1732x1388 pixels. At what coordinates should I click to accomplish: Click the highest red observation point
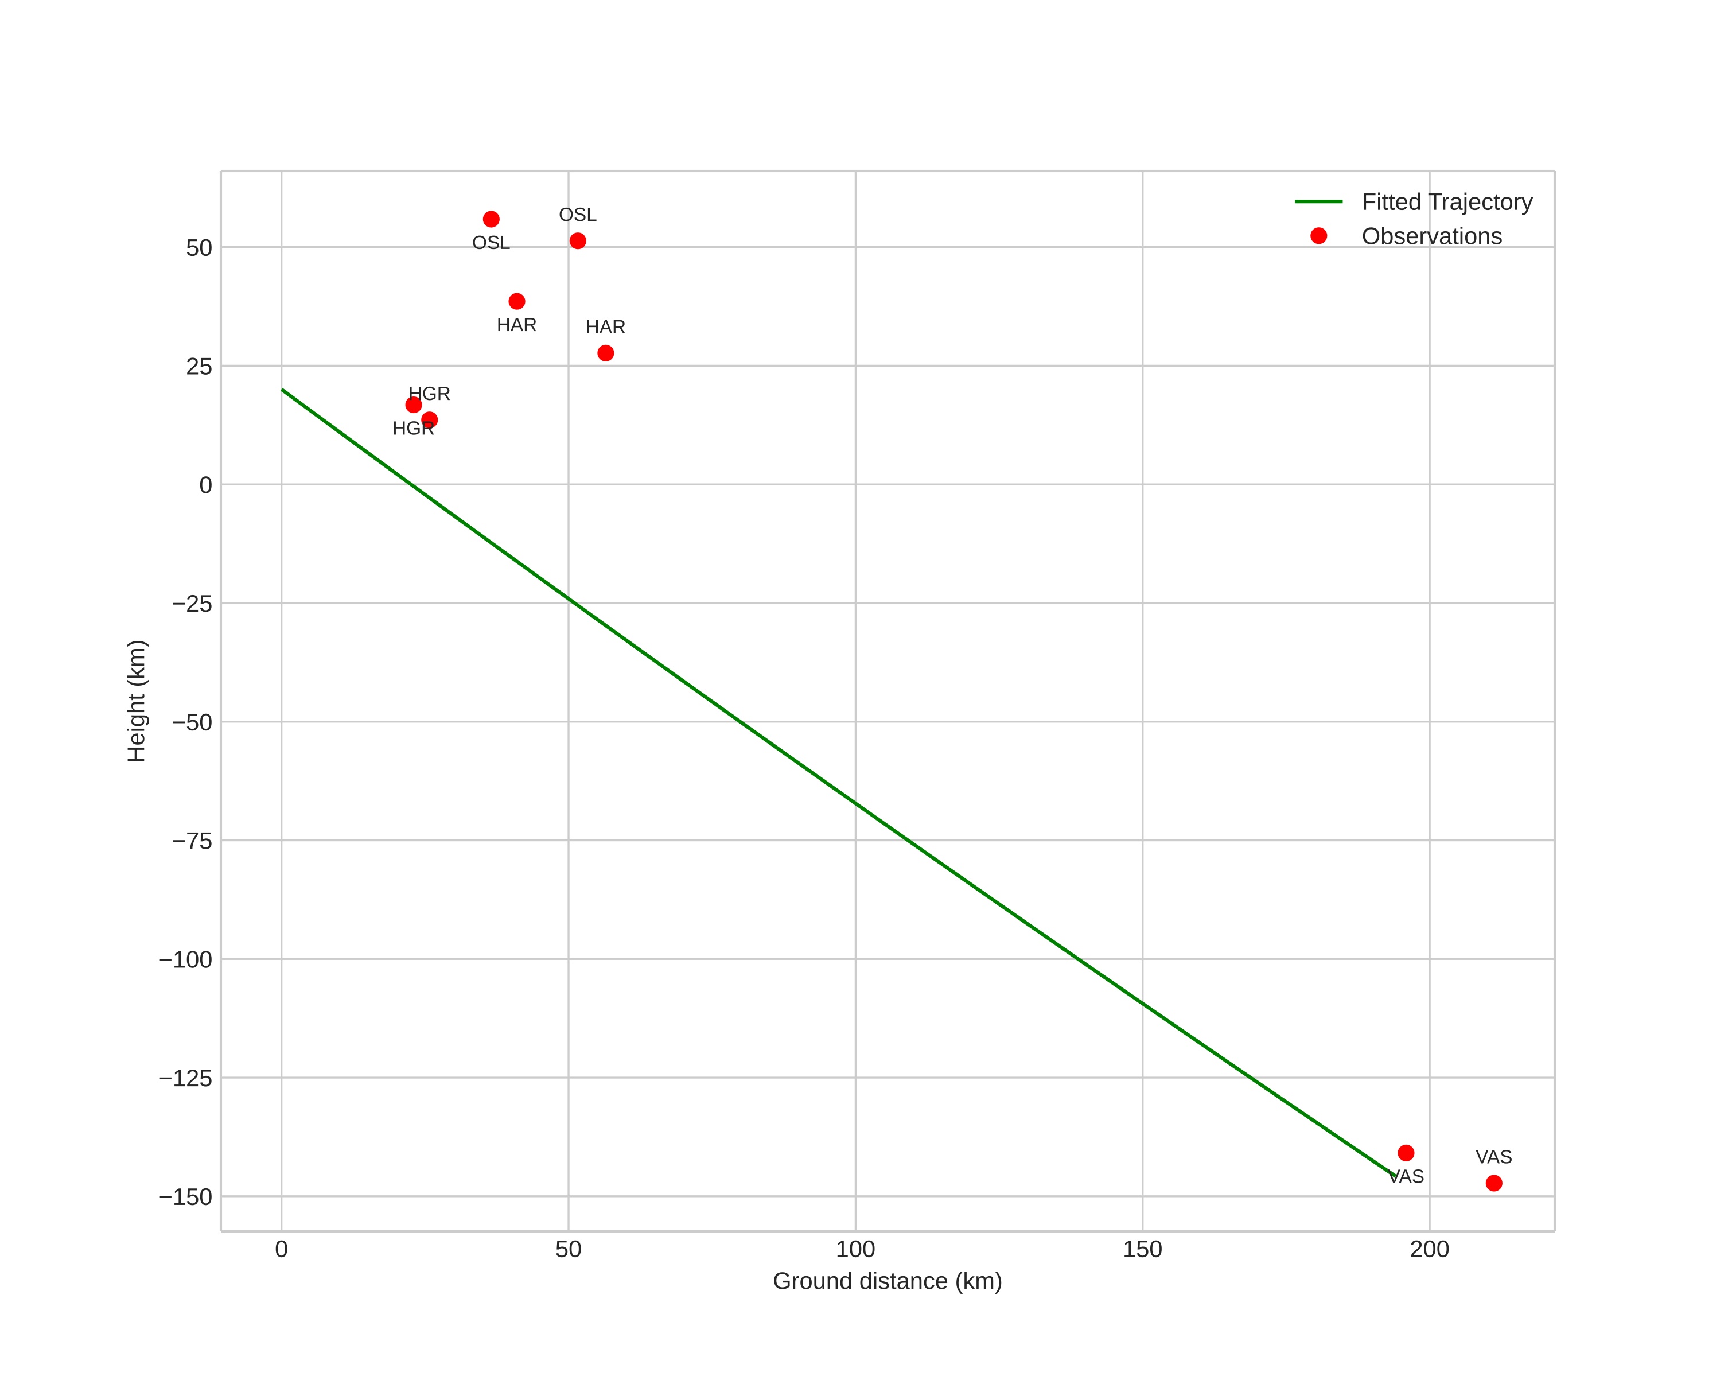(491, 219)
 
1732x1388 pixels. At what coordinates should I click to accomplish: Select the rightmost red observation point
(1493, 1183)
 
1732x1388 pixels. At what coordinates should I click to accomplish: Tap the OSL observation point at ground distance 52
(578, 241)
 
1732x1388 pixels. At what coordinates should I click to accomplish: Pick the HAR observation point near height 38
(516, 301)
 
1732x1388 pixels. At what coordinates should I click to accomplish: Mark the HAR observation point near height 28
(606, 353)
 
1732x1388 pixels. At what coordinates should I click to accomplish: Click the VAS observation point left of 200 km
(1406, 1153)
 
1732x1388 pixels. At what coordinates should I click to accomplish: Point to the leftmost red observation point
(414, 405)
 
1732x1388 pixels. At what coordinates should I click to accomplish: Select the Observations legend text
(1431, 236)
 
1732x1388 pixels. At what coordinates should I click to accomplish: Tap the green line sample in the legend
(1318, 201)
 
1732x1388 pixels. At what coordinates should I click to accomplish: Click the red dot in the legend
(1318, 235)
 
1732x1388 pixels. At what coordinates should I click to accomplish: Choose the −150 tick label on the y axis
(185, 1197)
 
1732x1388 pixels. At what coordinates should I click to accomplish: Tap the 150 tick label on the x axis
(1142, 1250)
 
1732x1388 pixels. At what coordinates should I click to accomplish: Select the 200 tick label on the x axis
(1429, 1250)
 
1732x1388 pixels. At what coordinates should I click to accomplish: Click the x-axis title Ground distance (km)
(887, 1281)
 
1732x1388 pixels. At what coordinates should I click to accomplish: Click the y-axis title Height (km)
(137, 701)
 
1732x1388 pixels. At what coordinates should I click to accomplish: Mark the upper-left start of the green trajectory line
(282, 390)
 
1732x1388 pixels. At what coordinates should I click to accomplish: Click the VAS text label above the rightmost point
(1493, 1157)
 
